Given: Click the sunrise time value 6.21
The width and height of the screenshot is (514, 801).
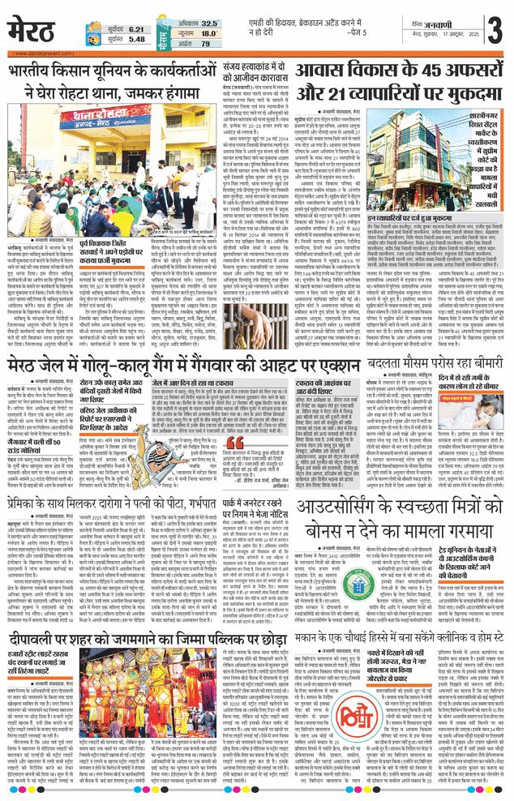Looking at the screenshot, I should point(135,28).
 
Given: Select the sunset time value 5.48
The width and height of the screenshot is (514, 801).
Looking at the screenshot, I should point(135,39).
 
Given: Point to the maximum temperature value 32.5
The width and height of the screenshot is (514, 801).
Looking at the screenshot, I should point(209,24).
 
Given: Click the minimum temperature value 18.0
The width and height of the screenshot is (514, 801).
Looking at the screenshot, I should point(209,34).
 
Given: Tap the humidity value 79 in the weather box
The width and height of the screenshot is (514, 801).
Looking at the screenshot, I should point(205,44).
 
